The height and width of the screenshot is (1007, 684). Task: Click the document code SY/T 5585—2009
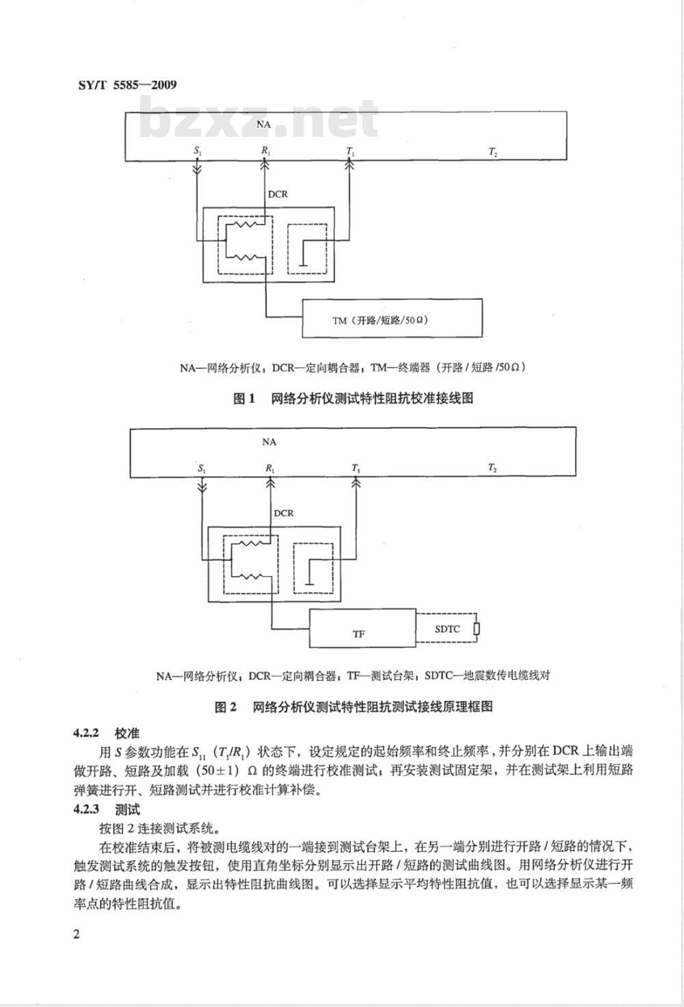[127, 85]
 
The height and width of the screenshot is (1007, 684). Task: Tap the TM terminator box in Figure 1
[392, 318]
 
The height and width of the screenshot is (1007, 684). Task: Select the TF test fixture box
[363, 629]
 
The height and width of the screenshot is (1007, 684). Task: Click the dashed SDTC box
[447, 629]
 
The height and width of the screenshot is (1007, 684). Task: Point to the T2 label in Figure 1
[493, 153]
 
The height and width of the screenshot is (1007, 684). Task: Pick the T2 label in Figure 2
[492, 468]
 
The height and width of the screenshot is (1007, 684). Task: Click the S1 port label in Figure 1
[197, 151]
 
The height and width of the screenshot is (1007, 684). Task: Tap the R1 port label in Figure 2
[269, 469]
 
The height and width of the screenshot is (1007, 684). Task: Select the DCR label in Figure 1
[278, 194]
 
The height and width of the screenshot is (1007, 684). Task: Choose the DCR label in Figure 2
[284, 513]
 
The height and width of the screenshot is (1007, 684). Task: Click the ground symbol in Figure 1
[304, 264]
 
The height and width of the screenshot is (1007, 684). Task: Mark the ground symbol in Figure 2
[310, 583]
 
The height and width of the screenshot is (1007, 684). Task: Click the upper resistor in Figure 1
[244, 224]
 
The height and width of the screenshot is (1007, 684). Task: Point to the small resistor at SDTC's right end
[476, 629]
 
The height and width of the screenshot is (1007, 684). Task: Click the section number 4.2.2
[85, 733]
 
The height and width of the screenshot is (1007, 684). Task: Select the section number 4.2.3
[85, 810]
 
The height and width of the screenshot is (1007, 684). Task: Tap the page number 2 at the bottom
[77, 934]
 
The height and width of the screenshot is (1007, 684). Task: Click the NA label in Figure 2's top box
[269, 442]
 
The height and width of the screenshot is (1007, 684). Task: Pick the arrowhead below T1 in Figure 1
[350, 165]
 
